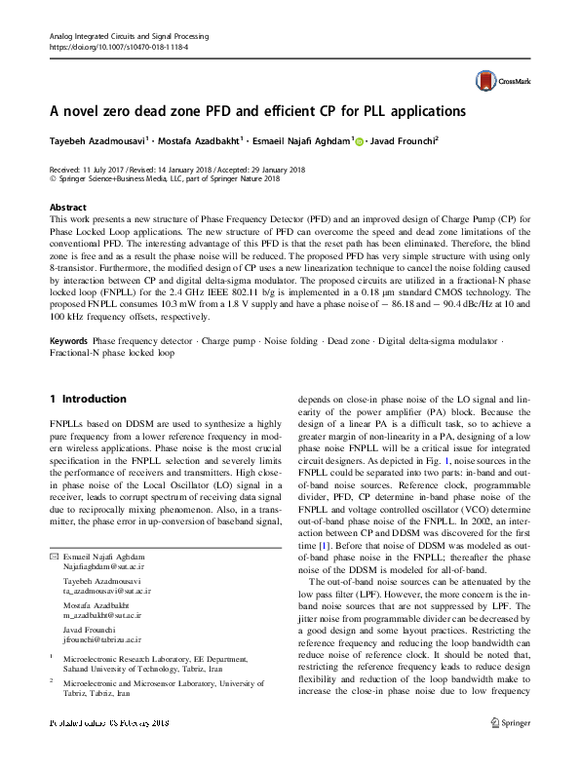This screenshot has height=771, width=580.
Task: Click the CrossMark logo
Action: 493,82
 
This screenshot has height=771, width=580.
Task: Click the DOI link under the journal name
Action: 118,47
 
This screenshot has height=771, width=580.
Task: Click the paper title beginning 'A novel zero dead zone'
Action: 257,111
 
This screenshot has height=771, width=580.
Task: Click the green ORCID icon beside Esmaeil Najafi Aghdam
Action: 358,141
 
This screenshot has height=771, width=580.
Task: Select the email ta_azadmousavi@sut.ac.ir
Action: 106,591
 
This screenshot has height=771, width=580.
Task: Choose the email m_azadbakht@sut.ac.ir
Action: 102,616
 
